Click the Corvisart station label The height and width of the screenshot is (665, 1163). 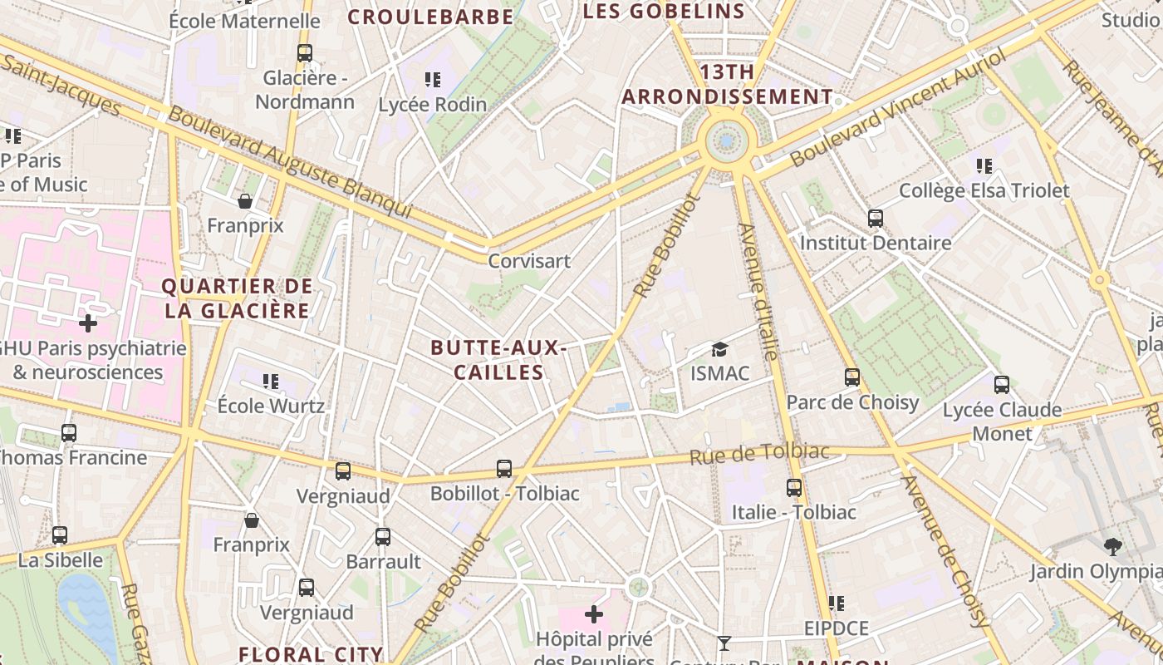pos(529,261)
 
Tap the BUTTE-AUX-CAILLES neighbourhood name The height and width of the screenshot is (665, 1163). pos(498,360)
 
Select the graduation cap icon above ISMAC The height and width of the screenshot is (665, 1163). pos(719,350)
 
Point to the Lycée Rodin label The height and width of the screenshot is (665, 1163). pos(432,105)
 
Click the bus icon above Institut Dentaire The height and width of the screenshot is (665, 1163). pos(876,219)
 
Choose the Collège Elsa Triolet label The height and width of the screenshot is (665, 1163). pos(984,191)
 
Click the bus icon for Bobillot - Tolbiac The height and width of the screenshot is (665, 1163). pos(504,469)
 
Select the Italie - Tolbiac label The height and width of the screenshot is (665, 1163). pos(793,512)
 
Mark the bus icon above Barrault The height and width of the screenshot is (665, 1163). pos(383,537)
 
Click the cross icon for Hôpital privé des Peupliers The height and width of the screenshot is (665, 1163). pos(594,615)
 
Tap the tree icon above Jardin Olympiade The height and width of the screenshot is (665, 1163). pos(1113,547)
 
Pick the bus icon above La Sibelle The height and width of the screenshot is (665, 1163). pos(60,535)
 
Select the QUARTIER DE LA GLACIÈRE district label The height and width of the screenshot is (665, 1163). pos(237,299)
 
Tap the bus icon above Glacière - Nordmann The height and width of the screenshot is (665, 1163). pos(305,53)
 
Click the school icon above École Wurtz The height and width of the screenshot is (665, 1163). pos(271,382)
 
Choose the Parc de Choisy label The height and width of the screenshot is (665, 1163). pos(852,403)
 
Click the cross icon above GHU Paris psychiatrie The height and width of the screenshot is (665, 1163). pos(88,323)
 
